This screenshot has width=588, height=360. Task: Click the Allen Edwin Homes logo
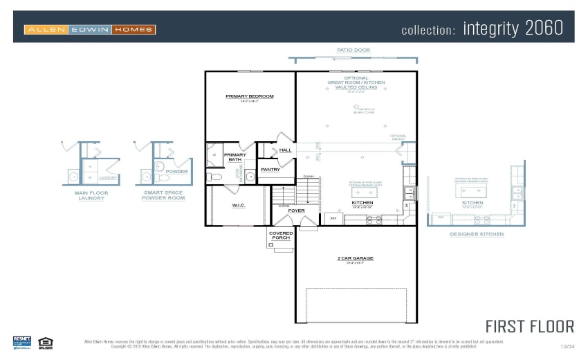[x=90, y=30]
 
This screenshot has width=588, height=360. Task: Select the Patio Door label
[x=353, y=51]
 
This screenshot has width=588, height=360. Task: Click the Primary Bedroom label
[x=250, y=96]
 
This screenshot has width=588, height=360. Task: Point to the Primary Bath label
[x=235, y=157]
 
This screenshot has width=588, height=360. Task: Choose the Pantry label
[x=270, y=170]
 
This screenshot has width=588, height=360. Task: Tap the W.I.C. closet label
[x=239, y=205]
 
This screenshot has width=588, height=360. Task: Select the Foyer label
[x=297, y=210]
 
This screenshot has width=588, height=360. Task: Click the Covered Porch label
[x=281, y=235]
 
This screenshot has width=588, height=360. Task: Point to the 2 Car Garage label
[x=356, y=258]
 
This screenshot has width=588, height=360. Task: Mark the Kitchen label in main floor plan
[x=362, y=203]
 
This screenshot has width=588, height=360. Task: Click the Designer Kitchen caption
[x=477, y=234]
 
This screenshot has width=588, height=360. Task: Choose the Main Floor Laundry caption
[x=91, y=196]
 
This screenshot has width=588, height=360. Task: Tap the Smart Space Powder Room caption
[x=163, y=196]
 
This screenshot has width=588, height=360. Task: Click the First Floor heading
[x=529, y=327]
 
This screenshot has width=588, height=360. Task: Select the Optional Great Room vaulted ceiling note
[x=356, y=82]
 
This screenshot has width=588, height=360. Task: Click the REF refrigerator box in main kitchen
[x=333, y=219]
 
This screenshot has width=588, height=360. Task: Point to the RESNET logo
[x=22, y=342]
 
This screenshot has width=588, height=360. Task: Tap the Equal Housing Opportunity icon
[x=46, y=342]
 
